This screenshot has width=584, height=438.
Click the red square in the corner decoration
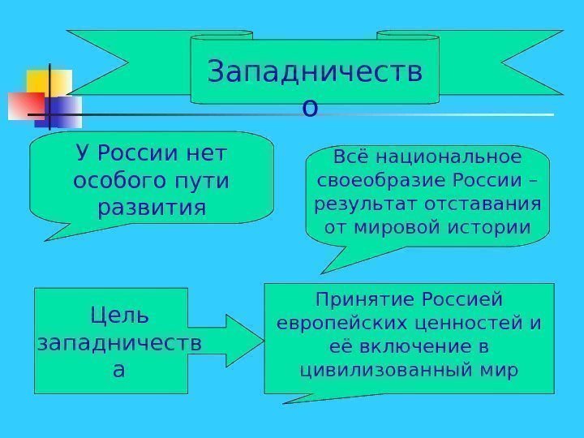[25, 105]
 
